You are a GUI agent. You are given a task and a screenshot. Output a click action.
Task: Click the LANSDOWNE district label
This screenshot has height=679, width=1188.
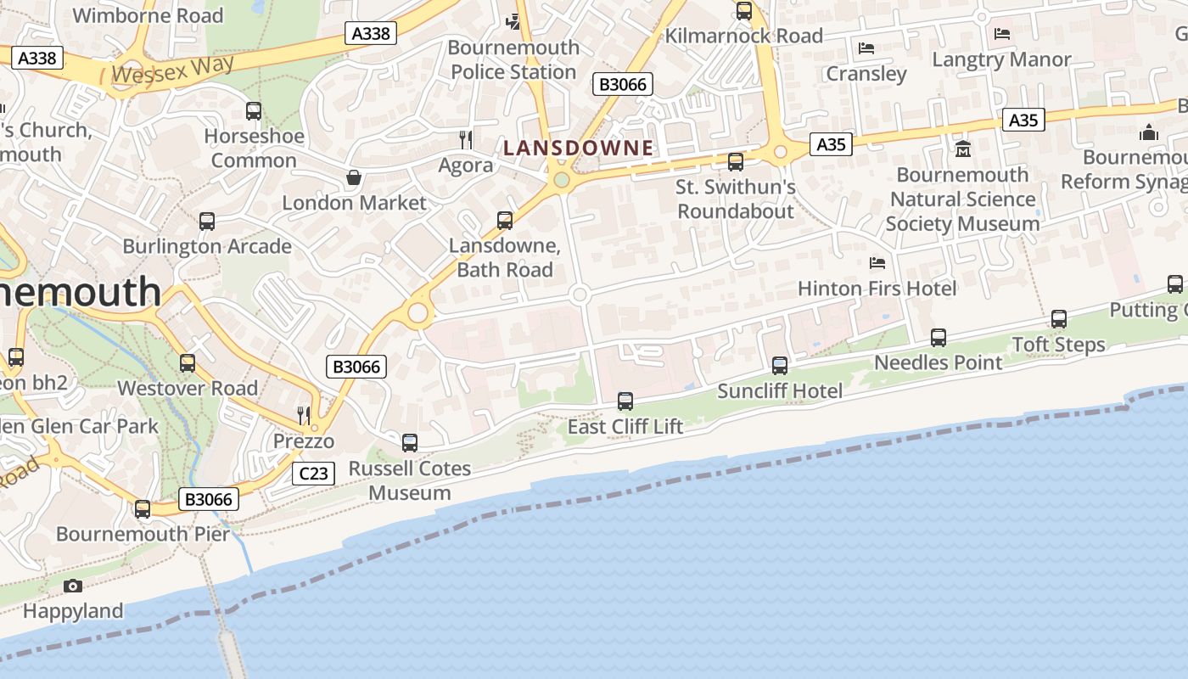(578, 148)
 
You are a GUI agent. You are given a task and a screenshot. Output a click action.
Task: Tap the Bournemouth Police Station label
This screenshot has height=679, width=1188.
(513, 59)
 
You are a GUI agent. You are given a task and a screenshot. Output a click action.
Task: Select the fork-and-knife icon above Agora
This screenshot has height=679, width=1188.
(465, 139)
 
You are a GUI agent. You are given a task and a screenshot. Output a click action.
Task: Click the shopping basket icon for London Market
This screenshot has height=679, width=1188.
(354, 177)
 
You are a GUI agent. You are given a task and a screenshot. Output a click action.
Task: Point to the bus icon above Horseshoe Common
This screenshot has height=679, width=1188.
(253, 110)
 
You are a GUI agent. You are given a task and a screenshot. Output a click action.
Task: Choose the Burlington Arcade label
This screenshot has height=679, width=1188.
(207, 246)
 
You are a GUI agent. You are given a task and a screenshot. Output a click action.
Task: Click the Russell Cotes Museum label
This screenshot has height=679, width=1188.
(410, 480)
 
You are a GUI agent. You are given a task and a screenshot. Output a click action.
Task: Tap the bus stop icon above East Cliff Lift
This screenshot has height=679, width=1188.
(625, 401)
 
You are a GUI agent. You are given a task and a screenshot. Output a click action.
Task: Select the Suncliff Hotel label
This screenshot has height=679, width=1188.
(780, 390)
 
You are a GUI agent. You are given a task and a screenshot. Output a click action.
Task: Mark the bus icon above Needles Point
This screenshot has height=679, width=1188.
(938, 337)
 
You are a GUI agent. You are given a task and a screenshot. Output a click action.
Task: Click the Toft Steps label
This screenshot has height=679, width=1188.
(1058, 345)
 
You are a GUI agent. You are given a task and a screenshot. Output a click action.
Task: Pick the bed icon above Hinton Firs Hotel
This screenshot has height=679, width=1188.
(877, 263)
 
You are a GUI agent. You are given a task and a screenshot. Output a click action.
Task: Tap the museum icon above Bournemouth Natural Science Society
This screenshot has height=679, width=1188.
(963, 149)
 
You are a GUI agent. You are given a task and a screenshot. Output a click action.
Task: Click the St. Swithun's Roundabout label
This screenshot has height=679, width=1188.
(736, 199)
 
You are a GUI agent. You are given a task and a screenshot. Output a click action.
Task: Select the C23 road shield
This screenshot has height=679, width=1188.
(313, 474)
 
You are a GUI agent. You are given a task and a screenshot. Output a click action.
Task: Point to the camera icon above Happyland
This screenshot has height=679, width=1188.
(73, 586)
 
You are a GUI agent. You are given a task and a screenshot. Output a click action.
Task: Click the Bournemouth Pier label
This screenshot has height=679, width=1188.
(143, 534)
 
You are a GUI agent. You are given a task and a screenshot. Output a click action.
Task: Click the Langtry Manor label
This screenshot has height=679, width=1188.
(1001, 59)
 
